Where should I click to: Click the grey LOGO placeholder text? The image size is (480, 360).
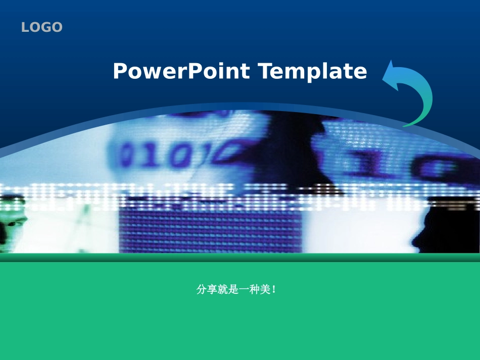click(42, 27)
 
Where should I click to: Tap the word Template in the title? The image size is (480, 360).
click(313, 71)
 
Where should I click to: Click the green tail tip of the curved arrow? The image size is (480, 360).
click(406, 125)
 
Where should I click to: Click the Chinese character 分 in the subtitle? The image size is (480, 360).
click(201, 290)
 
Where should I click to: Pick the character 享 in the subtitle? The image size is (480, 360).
click(211, 290)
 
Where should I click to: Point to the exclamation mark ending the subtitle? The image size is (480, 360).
click(273, 290)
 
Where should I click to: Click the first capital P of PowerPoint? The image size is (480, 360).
click(119, 71)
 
